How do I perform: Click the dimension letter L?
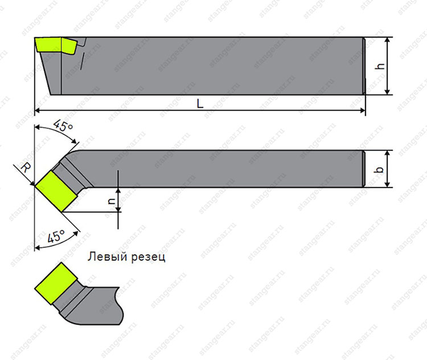coord(200,104)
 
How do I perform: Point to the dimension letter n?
coord(112,201)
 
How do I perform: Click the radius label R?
coord(26,168)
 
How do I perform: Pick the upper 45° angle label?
coord(63,125)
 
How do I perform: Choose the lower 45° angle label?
coord(56,236)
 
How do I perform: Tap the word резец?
coord(149,257)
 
